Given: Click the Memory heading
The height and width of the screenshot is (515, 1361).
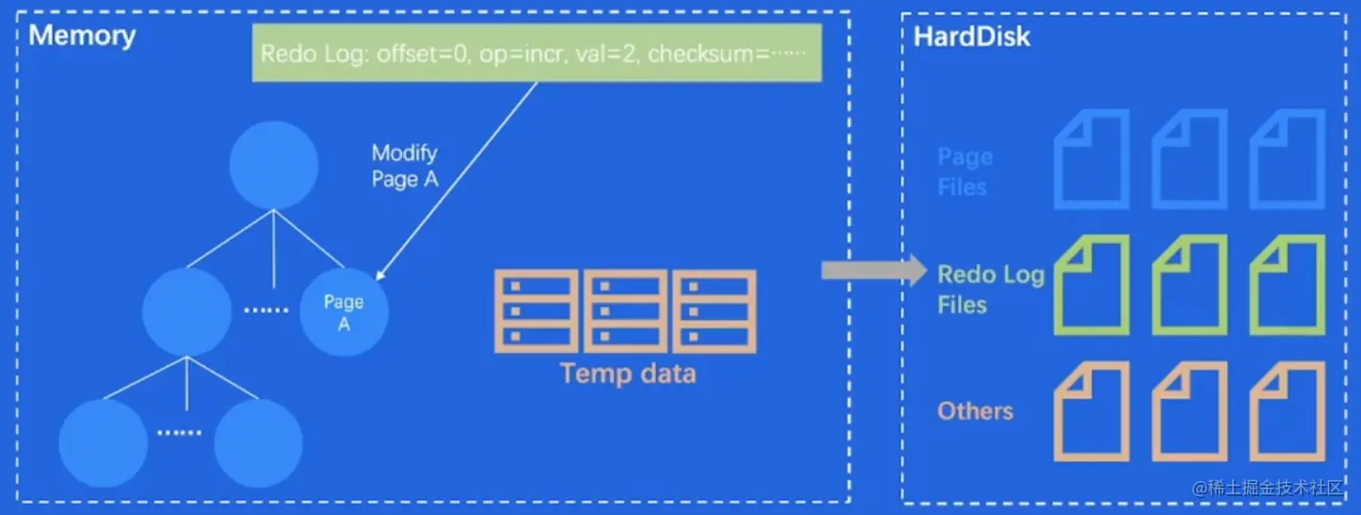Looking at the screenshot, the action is point(82,35).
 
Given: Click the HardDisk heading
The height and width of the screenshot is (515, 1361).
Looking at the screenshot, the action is point(971,37).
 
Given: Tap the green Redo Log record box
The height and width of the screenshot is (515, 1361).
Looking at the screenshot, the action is point(537,53).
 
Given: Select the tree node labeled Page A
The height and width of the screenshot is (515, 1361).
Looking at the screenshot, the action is point(344,312).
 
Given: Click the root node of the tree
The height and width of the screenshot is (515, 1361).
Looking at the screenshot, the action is point(273,166).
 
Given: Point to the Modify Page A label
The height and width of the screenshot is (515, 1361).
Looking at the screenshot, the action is point(405,166).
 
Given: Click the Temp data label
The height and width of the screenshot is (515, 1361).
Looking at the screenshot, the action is point(628,374).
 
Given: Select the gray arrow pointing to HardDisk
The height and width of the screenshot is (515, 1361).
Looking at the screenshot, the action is point(874,270).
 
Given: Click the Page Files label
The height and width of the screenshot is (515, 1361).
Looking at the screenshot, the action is point(965,171).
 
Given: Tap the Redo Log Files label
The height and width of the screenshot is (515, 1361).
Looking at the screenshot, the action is point(990,289).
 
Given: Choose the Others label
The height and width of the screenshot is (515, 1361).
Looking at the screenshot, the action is point(975,411).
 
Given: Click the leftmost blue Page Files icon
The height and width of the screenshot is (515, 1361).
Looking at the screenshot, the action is point(1092,159).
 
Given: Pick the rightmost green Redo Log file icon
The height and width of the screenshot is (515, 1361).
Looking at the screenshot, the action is point(1288,284).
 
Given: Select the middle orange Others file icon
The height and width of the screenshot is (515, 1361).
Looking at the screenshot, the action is point(1190,411).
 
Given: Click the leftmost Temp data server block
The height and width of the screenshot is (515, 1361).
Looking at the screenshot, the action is point(536,312).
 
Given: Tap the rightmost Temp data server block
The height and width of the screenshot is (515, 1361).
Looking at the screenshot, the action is point(714,312).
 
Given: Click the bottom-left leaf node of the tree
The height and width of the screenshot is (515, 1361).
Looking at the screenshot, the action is point(104,443).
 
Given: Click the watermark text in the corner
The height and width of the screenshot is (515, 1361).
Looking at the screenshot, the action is point(1268,488).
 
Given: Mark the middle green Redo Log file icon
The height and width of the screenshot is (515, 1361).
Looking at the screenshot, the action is point(1190,284).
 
